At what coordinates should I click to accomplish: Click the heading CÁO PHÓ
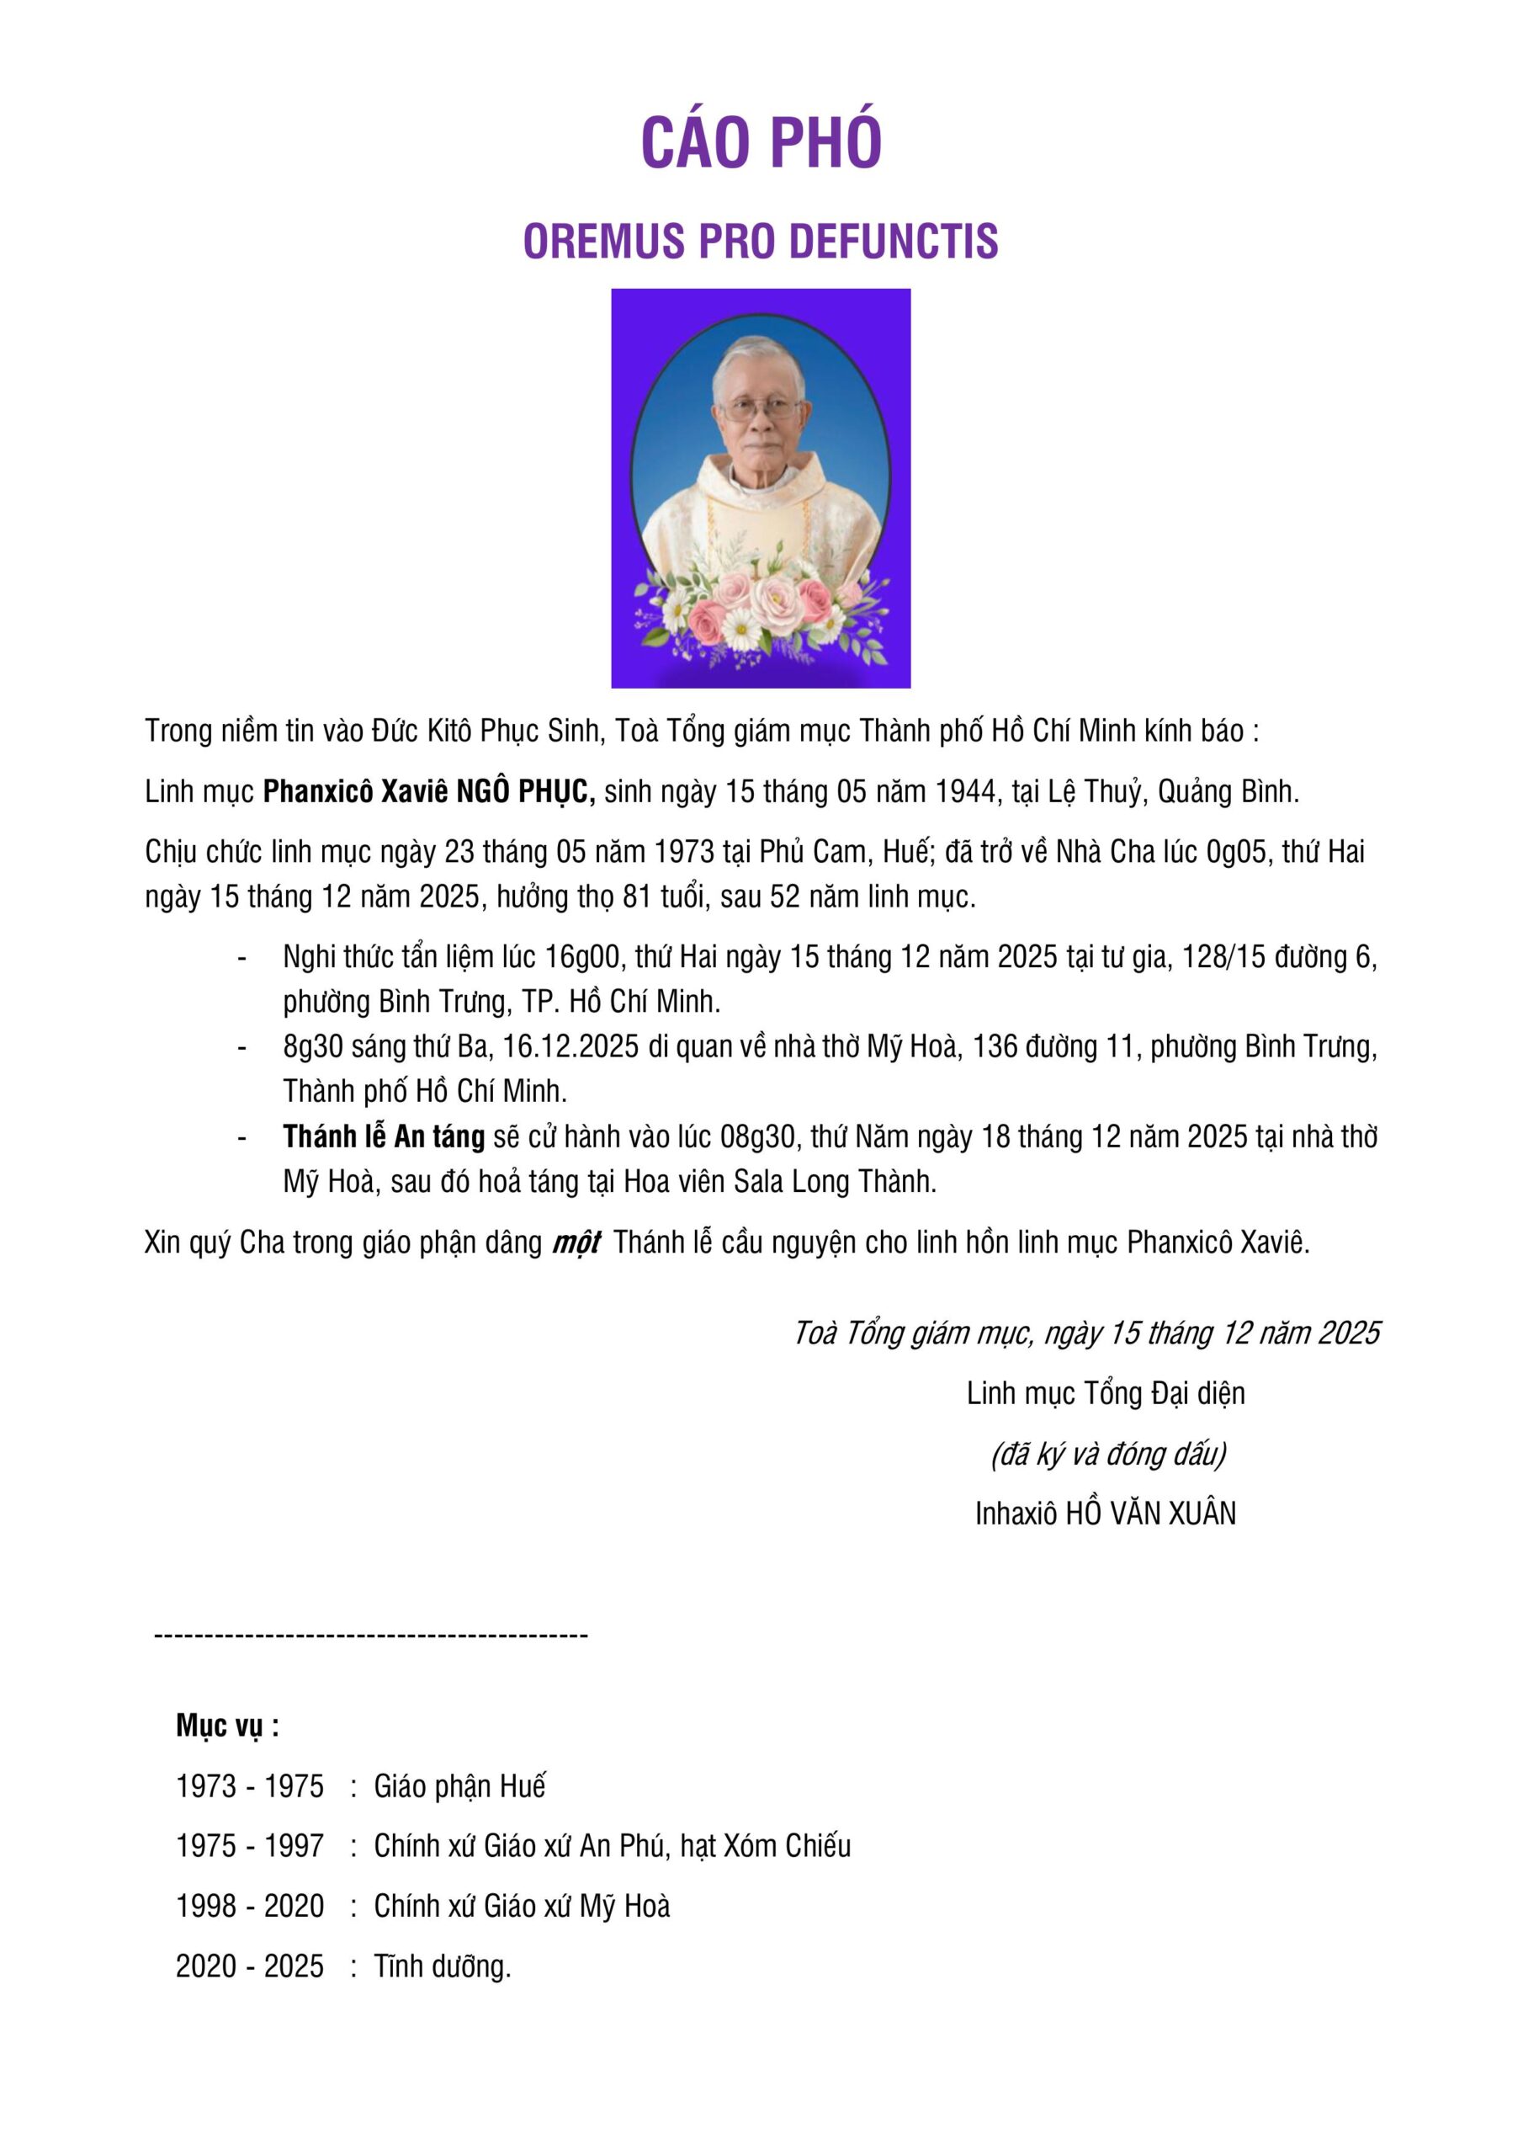point(761,142)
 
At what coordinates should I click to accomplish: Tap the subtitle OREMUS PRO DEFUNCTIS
point(761,242)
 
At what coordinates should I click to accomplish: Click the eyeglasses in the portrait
point(759,409)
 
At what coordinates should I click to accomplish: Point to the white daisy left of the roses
point(677,612)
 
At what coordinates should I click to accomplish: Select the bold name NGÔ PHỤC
point(526,792)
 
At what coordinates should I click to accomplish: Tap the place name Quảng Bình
point(1228,792)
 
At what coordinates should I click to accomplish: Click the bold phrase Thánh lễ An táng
point(384,1137)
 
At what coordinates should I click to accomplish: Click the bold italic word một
point(576,1242)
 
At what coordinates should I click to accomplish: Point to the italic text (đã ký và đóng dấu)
point(1108,1454)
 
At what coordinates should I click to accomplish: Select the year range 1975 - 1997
point(250,1846)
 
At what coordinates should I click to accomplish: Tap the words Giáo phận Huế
point(459,1786)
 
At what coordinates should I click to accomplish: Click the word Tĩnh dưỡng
point(442,1966)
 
